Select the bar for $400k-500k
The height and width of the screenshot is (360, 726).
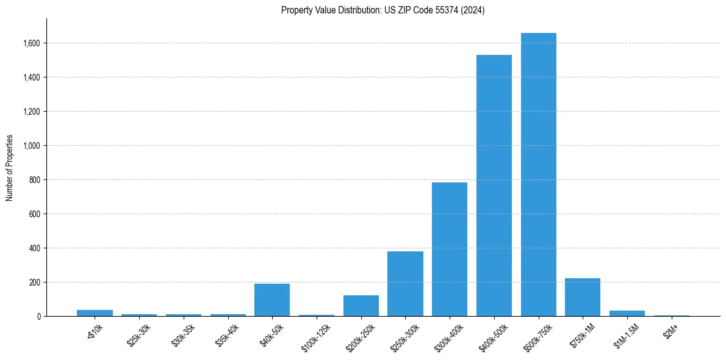tap(494, 185)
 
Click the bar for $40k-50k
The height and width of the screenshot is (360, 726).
tap(272, 300)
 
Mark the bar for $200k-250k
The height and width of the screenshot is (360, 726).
tap(361, 306)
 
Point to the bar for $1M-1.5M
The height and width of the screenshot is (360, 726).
tap(627, 313)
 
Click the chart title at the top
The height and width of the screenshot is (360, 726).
tap(383, 10)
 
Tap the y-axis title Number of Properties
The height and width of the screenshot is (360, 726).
tap(10, 168)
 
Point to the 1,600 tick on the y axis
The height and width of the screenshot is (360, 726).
tap(32, 43)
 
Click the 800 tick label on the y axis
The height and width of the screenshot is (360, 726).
tap(35, 180)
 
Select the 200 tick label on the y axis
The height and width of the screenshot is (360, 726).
tap(35, 283)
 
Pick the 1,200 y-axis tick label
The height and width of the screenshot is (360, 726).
tap(32, 112)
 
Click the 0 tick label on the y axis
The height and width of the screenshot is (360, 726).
tap(39, 317)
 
